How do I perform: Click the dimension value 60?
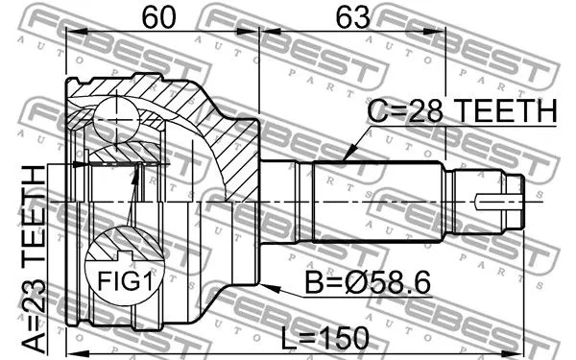click(x=159, y=17)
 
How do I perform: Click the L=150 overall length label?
click(x=324, y=337)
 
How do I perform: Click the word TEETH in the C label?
click(x=503, y=112)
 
